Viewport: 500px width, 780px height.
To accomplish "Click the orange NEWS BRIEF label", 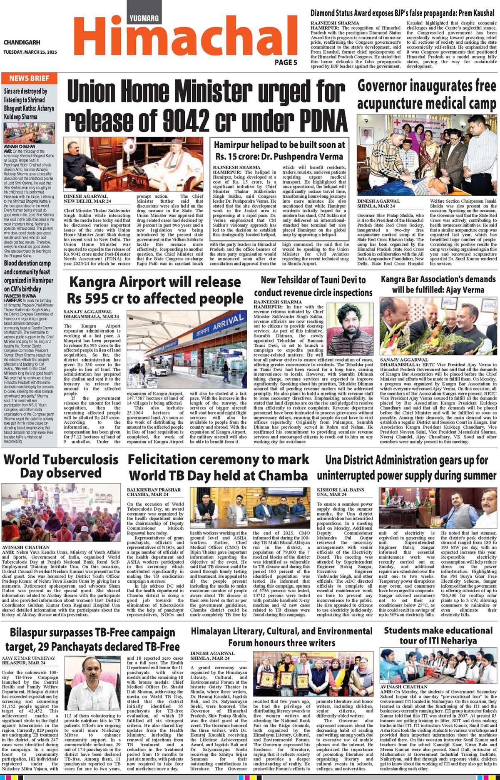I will [x=29, y=78].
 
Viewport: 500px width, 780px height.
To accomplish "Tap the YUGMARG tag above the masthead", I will [x=144, y=18].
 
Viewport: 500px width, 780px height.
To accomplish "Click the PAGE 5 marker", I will [x=286, y=62].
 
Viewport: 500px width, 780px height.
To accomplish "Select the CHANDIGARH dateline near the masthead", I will [x=22, y=42].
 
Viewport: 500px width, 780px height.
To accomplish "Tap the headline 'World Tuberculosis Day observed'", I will [x=61, y=466].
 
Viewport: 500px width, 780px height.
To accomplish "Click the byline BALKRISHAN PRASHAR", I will [x=154, y=490].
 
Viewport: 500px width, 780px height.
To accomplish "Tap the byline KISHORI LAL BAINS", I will [x=340, y=490].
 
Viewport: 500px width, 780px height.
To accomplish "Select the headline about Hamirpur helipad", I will [x=279, y=150].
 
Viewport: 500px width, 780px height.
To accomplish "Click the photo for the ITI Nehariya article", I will [x=438, y=666].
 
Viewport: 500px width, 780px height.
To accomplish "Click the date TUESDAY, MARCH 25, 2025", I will [x=30, y=52].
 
